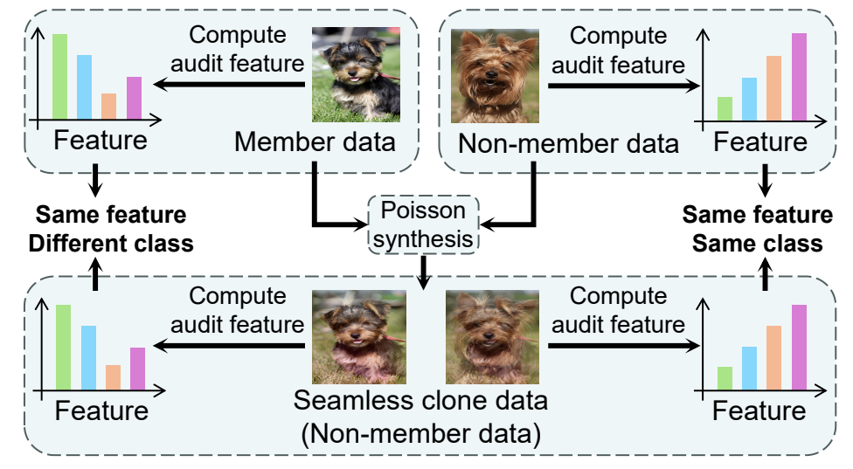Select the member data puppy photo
coord(357,74)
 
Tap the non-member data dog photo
coord(495,78)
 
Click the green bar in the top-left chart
coord(59,76)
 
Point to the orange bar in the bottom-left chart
coord(113,376)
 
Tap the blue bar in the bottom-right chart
coord(749,368)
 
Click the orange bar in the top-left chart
coord(108,106)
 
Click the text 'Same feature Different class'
coord(110,229)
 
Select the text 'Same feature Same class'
coord(757,229)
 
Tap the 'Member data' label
coord(315,141)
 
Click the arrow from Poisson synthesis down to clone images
coord(424,270)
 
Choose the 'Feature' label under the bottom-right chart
coord(759,410)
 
